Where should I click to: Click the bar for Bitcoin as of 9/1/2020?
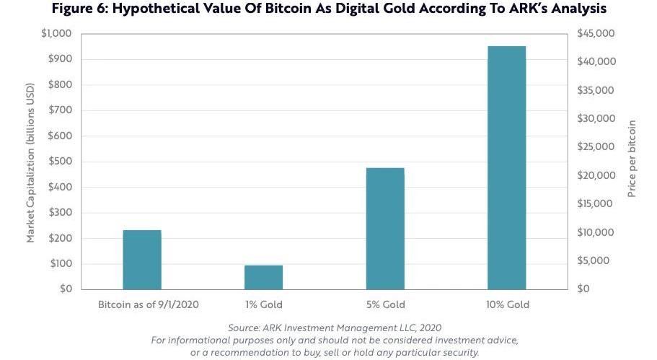click(x=142, y=260)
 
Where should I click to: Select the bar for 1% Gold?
click(x=263, y=277)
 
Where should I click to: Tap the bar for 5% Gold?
click(x=385, y=229)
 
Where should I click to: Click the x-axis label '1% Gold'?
click(x=263, y=304)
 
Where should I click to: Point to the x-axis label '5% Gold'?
click(x=385, y=304)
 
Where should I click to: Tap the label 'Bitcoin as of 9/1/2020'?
click(x=149, y=304)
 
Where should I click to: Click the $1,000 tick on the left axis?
click(x=58, y=34)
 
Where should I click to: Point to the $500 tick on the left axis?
click(x=61, y=162)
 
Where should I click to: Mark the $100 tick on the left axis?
click(x=61, y=263)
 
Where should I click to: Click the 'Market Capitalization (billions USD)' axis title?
click(x=31, y=162)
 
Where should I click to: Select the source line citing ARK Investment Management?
click(x=335, y=328)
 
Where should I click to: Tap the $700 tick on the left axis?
click(x=61, y=110)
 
